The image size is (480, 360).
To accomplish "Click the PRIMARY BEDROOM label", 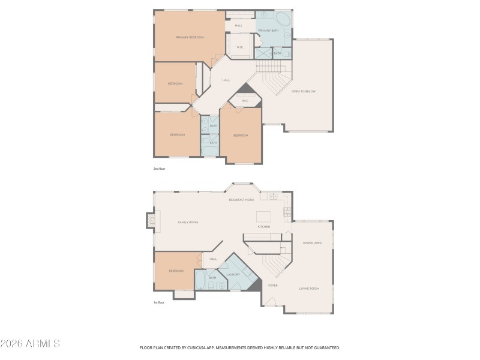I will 190,37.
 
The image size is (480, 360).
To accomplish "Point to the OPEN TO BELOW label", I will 303,91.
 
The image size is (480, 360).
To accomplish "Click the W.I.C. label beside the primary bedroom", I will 239,47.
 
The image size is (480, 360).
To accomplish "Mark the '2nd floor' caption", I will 159,169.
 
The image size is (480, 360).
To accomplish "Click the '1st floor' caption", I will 159,302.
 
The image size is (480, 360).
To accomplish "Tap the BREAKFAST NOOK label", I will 241,199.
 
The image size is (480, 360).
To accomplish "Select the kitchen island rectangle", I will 264,216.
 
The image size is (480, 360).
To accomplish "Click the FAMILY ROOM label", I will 188,222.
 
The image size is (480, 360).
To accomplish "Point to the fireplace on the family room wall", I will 151,221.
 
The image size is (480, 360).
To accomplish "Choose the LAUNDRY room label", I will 233,275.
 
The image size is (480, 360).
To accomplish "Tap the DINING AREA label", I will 312,242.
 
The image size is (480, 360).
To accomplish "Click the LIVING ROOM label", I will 309,289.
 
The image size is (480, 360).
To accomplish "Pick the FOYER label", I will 272,286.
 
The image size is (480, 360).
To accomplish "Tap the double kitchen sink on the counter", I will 273,196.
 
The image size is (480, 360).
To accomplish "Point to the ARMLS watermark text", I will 30,344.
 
